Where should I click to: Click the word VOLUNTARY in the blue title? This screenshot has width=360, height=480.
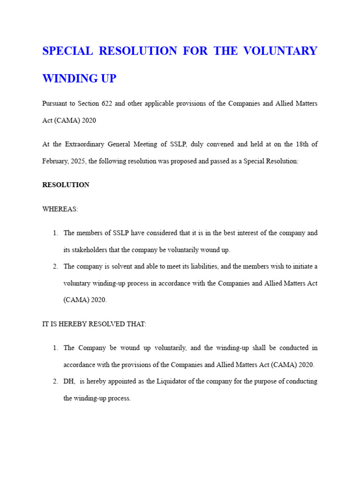(x=280, y=51)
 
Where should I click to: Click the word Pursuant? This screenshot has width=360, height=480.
(x=55, y=103)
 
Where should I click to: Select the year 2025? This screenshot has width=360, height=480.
(x=77, y=161)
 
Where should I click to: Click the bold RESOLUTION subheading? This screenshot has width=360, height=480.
(x=66, y=185)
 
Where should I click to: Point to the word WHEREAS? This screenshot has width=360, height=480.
(x=60, y=209)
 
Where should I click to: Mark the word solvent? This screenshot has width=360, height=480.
(x=124, y=267)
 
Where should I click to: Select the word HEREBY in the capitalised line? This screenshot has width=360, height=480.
(x=71, y=324)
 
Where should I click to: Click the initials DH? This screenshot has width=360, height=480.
(x=68, y=382)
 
